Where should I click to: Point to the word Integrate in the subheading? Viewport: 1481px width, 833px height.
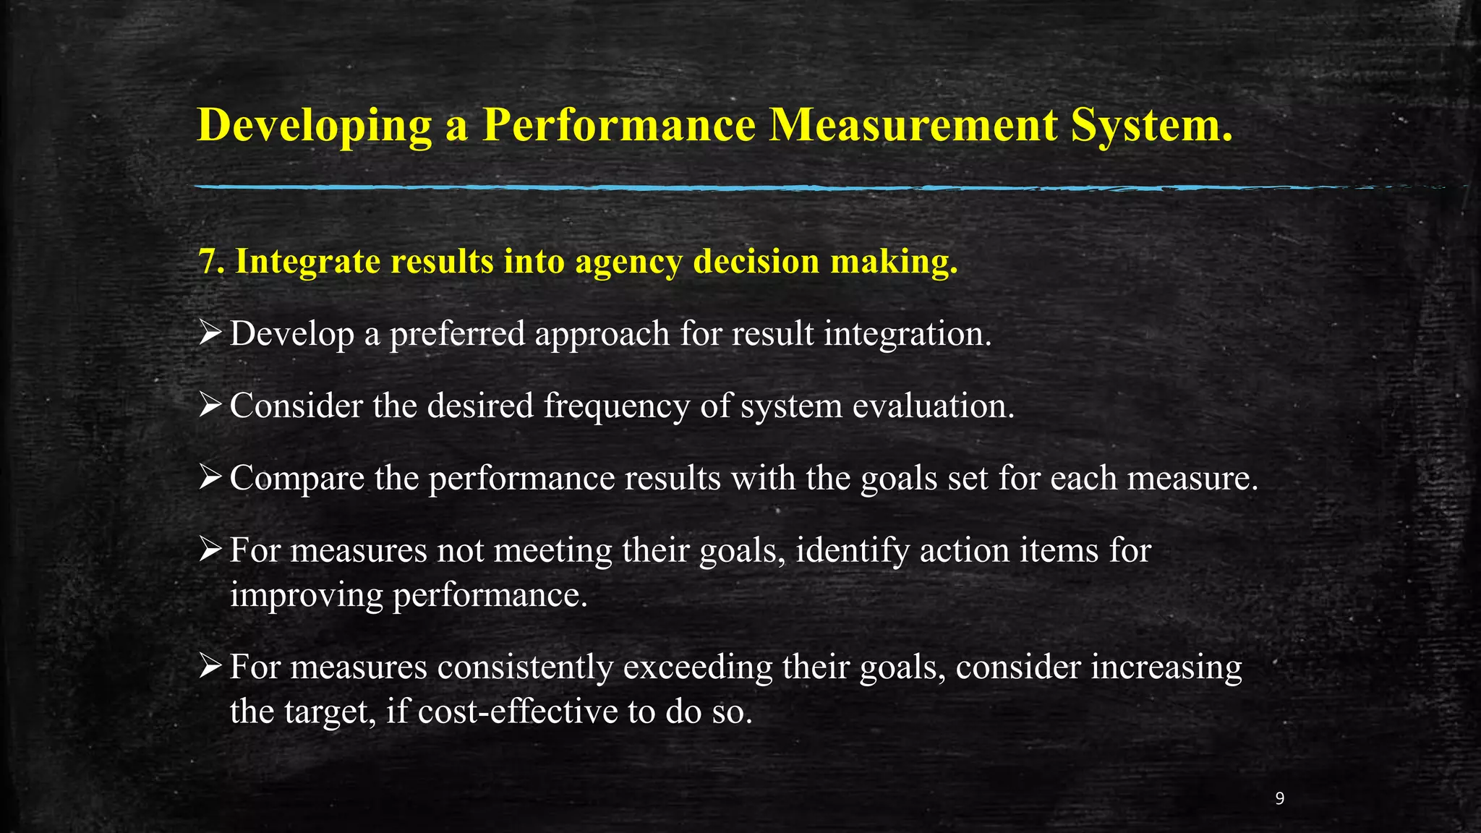pyautogui.click(x=308, y=261)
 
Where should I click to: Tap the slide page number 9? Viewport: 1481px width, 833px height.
pyautogui.click(x=1280, y=798)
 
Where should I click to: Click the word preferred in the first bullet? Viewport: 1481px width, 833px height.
pyautogui.click(x=457, y=334)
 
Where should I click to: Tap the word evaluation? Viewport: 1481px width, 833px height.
pyautogui.click(x=934, y=406)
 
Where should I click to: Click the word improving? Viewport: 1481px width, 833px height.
pyautogui.click(x=307, y=596)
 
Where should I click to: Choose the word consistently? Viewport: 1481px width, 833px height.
pyautogui.click(x=525, y=667)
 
